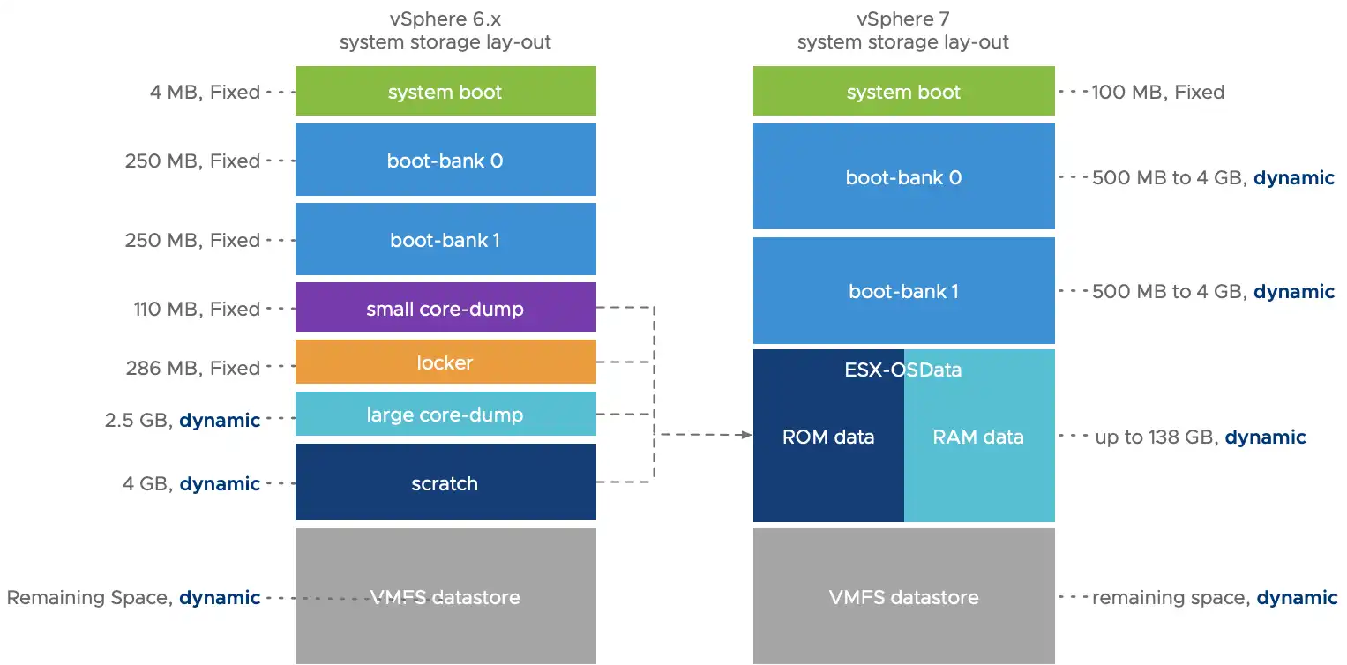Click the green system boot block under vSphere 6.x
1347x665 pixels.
[445, 92]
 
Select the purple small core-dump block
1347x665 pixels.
[445, 309]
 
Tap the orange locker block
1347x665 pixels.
[445, 362]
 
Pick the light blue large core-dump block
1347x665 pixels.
[445, 415]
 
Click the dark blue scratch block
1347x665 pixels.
[445, 483]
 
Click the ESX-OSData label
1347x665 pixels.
[903, 370]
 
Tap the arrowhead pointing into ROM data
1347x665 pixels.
[746, 435]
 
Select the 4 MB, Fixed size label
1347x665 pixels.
[206, 92]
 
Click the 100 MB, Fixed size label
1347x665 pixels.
[1158, 92]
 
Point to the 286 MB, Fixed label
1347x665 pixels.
[193, 368]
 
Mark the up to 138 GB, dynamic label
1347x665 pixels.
[1200, 437]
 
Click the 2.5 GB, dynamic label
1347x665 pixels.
[183, 420]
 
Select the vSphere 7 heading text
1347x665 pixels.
[903, 19]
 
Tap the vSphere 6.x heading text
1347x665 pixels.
[445, 19]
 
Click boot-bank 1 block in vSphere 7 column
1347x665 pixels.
[903, 291]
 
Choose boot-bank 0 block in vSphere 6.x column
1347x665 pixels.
[445, 161]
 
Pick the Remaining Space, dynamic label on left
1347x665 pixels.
[133, 597]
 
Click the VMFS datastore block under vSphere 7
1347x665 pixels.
[903, 597]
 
